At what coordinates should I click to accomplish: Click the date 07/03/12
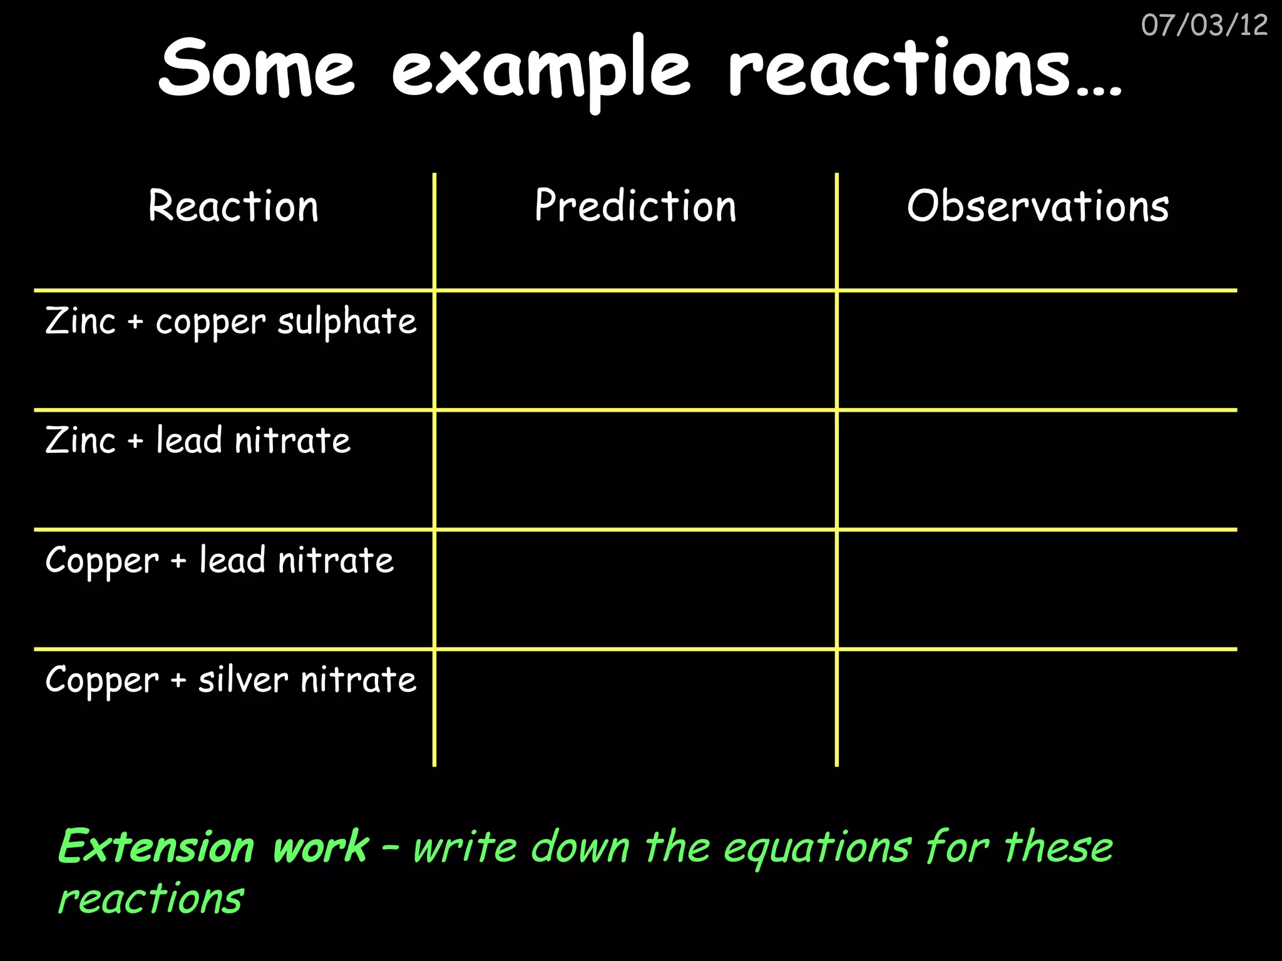click(x=1204, y=26)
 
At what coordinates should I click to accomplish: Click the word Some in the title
click(x=257, y=68)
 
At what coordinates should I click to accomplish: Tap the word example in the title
click(x=541, y=70)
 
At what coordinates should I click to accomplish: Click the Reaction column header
click(x=233, y=206)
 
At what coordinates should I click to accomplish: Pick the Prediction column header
click(x=635, y=206)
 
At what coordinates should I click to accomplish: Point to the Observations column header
click(x=1038, y=206)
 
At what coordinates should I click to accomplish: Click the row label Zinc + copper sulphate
click(x=230, y=322)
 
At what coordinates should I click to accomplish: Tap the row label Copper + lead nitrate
click(x=219, y=560)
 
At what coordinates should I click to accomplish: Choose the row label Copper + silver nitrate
click(x=230, y=680)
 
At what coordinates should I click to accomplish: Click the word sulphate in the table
click(x=347, y=322)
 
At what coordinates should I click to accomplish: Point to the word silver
click(x=244, y=679)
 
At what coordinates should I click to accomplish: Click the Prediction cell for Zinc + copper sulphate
click(x=635, y=350)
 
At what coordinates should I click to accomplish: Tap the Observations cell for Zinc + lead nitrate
click(x=1037, y=470)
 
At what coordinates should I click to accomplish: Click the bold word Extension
click(x=156, y=847)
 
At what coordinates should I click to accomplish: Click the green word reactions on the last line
click(x=150, y=899)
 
